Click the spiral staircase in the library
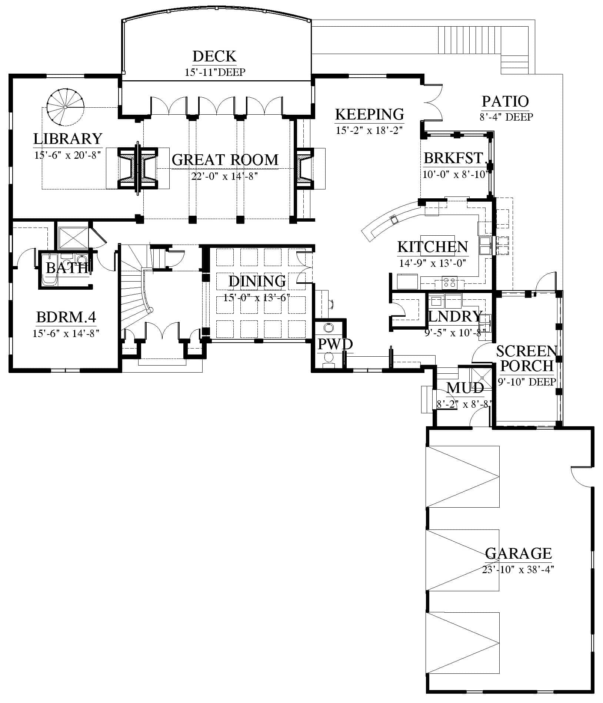[65, 107]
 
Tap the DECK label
[214, 56]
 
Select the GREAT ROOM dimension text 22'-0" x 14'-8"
[224, 176]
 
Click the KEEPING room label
[369, 114]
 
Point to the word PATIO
[505, 101]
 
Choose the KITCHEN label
[433, 247]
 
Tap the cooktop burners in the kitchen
[450, 283]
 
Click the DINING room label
[257, 281]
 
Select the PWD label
[335, 344]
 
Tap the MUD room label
[465, 388]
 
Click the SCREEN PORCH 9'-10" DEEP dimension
[527, 381]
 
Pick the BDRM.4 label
[66, 317]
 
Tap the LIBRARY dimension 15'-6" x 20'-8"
[67, 155]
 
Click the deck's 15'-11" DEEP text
[215, 72]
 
